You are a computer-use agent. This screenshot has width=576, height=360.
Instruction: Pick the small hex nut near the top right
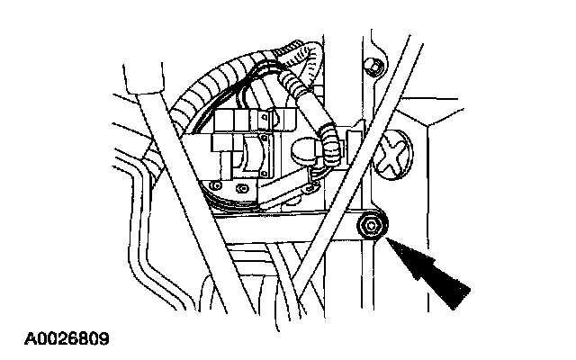(x=369, y=65)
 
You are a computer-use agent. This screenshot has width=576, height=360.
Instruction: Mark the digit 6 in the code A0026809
(x=72, y=342)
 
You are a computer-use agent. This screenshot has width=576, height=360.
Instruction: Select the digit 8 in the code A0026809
(x=83, y=342)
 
